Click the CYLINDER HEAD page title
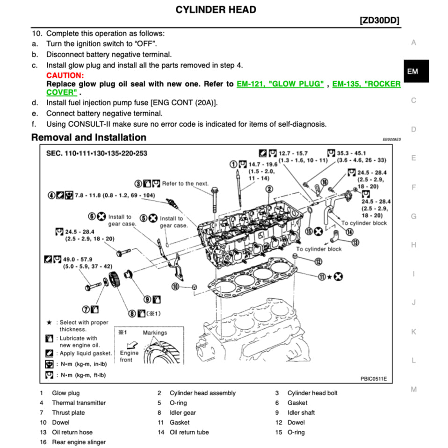(x=216, y=9)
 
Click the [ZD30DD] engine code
(x=380, y=21)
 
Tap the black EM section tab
(x=412, y=72)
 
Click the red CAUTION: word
(x=65, y=75)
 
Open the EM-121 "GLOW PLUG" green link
(x=280, y=84)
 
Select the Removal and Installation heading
(x=89, y=137)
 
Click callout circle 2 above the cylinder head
(x=269, y=189)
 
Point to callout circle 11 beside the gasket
(x=322, y=276)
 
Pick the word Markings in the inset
(x=155, y=332)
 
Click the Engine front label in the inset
(x=129, y=356)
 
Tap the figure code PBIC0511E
(x=374, y=378)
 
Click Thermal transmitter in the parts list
(x=79, y=403)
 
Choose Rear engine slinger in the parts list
(x=79, y=442)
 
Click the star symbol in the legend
(x=49, y=323)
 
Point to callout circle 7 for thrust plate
(x=87, y=309)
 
